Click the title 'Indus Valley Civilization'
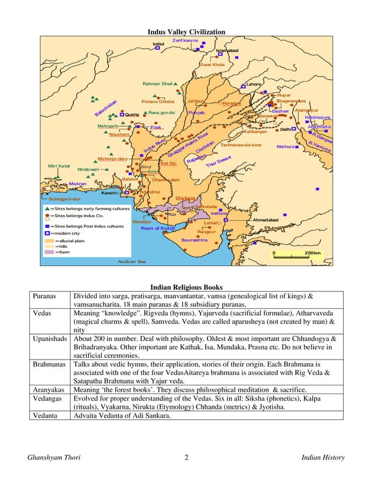(185, 32)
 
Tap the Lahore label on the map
(254, 84)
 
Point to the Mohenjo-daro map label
(112, 158)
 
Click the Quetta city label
(132, 115)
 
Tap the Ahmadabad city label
(265, 219)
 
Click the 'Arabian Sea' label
(132, 261)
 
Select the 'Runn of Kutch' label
(158, 228)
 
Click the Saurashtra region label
(194, 240)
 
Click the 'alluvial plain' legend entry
(71, 240)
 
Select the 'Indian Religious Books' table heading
(186, 287)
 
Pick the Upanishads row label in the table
(50, 339)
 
